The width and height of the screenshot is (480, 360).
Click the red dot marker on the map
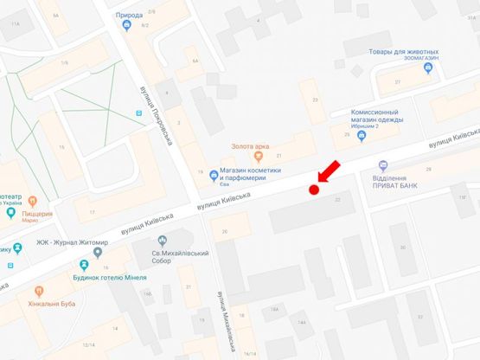click(314, 190)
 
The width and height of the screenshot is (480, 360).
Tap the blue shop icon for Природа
click(128, 25)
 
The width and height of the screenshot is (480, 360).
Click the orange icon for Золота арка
click(257, 157)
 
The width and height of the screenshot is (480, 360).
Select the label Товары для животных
click(405, 54)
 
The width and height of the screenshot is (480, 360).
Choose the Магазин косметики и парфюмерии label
click(253, 172)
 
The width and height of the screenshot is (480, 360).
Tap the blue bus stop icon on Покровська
click(138, 113)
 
